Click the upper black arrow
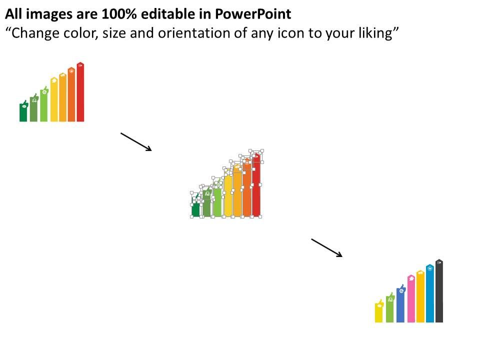coord(136,141)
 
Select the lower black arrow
coord(327,248)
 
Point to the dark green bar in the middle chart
coord(195,209)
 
